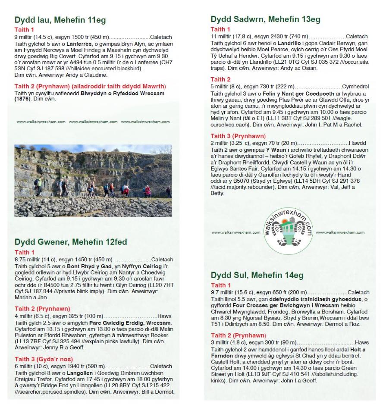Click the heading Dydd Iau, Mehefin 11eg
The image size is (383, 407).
(60, 20)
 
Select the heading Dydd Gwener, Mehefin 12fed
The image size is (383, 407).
(71, 242)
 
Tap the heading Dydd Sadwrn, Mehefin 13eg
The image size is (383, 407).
(265, 19)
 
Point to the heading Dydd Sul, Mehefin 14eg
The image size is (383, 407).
(257, 275)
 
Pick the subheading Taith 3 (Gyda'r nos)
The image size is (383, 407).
(44, 359)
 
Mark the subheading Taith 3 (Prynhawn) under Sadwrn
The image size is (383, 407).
(238, 136)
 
